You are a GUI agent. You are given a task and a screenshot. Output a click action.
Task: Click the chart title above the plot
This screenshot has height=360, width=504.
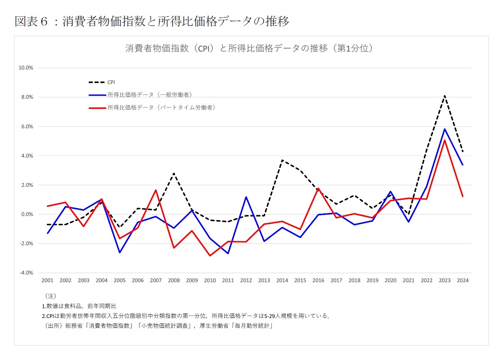(x=249, y=48)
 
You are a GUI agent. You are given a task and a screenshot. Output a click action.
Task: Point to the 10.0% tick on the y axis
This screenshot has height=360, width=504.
(x=26, y=68)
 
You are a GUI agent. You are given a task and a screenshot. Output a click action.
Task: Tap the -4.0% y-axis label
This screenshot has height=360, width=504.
(x=26, y=273)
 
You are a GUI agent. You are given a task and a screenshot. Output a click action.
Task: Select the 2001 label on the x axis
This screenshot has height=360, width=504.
(x=48, y=280)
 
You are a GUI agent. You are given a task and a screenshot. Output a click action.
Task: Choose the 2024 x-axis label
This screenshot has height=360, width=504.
(x=462, y=280)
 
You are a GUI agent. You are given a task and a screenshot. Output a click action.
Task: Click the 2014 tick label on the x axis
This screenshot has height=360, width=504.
(x=282, y=280)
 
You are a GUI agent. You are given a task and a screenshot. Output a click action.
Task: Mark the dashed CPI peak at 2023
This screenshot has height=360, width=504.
(x=444, y=96)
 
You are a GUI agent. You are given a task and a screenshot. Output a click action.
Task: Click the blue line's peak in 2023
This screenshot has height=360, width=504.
(x=444, y=129)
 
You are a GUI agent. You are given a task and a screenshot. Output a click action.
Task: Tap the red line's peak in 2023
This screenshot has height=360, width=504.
(x=444, y=140)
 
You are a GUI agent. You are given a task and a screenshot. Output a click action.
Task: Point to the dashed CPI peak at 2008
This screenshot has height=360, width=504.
(x=174, y=174)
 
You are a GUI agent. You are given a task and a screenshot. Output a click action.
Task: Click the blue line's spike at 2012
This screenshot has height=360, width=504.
(x=246, y=197)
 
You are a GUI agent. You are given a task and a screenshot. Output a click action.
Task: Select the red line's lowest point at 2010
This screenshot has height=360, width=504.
(x=210, y=255)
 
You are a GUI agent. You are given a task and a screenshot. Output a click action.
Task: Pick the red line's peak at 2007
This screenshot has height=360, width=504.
(x=156, y=190)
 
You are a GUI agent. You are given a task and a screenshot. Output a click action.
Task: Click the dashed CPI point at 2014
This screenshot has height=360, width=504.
(x=282, y=160)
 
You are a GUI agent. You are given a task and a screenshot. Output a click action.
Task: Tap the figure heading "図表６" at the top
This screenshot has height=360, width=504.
(x=31, y=21)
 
